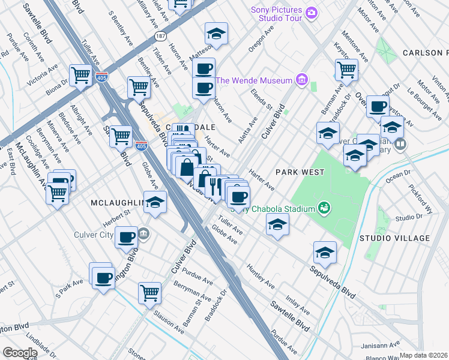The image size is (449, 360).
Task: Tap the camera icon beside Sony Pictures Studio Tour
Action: click(x=311, y=13)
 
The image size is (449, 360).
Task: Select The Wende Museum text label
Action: click(x=254, y=80)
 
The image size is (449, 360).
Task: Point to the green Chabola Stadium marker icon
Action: click(x=324, y=208)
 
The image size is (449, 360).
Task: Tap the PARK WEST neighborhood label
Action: click(x=300, y=172)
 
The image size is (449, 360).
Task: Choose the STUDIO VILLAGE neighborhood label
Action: click(x=394, y=238)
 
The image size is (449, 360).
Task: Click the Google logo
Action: click(x=20, y=353)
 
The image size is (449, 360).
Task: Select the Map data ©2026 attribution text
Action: click(x=423, y=355)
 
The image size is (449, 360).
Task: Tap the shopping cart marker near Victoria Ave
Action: click(x=80, y=76)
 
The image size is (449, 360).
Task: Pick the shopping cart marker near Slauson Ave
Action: click(x=149, y=293)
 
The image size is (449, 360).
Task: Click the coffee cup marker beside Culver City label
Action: click(x=126, y=238)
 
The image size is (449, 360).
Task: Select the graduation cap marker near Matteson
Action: click(x=216, y=34)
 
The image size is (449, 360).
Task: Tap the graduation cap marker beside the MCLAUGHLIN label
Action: click(x=155, y=203)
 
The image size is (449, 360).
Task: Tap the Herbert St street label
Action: click(x=118, y=212)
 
